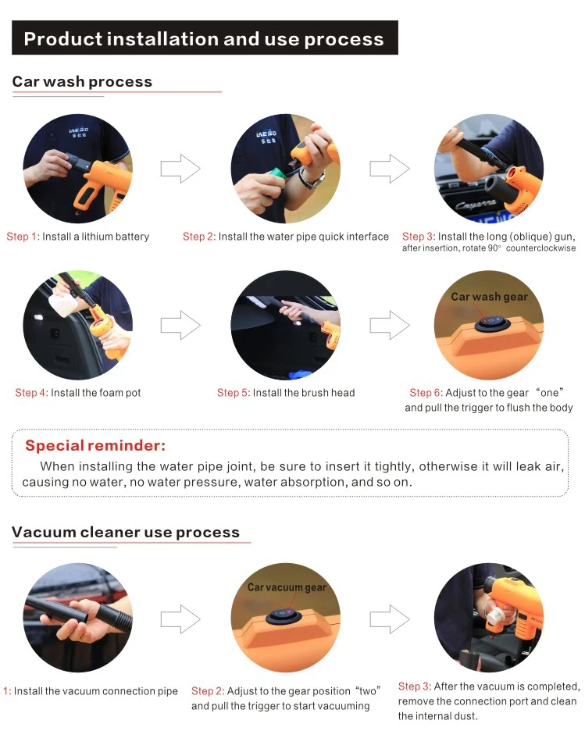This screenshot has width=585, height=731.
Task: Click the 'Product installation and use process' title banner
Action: click(205, 37)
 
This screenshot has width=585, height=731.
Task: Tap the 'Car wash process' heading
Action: click(82, 81)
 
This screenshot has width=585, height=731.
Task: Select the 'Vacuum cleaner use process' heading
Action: click(126, 532)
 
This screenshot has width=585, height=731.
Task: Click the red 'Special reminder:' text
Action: click(95, 445)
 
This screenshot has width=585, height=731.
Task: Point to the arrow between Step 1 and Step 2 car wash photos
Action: click(180, 168)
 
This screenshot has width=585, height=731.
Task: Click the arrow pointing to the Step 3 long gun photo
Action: click(390, 168)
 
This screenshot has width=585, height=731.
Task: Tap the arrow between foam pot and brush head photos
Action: click(180, 325)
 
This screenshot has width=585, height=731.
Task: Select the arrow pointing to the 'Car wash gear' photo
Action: click(390, 325)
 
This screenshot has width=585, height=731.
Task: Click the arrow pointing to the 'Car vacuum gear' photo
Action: click(180, 619)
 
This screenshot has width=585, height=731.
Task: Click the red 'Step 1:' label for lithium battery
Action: click(23, 237)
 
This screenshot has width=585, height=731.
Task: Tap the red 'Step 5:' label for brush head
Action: click(234, 393)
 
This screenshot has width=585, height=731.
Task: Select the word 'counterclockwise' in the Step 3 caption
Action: click(540, 248)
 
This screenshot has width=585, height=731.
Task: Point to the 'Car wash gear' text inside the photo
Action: click(489, 297)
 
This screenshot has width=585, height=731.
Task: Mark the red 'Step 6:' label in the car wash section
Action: click(426, 393)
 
